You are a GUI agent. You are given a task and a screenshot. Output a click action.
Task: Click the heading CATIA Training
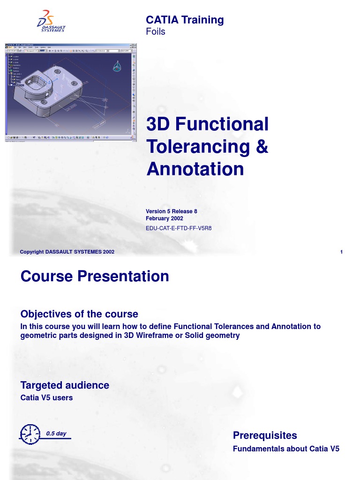pyautogui.click(x=185, y=20)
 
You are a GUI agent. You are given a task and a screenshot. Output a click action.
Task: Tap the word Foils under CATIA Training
pyautogui.click(x=156, y=32)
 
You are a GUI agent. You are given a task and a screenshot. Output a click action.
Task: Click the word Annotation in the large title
pyautogui.click(x=195, y=169)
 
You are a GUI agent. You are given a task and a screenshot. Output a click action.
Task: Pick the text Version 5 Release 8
pyautogui.click(x=172, y=211)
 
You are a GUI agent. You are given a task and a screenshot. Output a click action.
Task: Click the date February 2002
pyautogui.click(x=165, y=218)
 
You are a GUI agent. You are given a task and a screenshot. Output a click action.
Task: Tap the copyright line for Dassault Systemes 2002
pyautogui.click(x=67, y=252)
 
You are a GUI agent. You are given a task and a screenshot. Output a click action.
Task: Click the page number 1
pyautogui.click(x=342, y=252)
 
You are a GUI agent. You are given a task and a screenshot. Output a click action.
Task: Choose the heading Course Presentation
pyautogui.click(x=95, y=276)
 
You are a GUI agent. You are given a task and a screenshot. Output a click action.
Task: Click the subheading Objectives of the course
pyautogui.click(x=79, y=314)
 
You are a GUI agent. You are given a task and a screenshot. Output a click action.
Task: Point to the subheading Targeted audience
pyautogui.click(x=65, y=385)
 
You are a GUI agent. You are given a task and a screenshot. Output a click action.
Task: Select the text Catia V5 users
pyautogui.click(x=46, y=397)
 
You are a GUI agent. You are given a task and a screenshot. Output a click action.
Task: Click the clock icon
pyautogui.click(x=29, y=434)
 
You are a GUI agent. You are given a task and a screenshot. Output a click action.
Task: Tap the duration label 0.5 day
pyautogui.click(x=56, y=434)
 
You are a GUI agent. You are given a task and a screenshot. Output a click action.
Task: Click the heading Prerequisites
pyautogui.click(x=265, y=435)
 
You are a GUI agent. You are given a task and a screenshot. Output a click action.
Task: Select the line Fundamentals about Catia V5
pyautogui.click(x=286, y=449)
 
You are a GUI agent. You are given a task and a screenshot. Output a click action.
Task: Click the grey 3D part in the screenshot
pyautogui.click(x=47, y=89)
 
